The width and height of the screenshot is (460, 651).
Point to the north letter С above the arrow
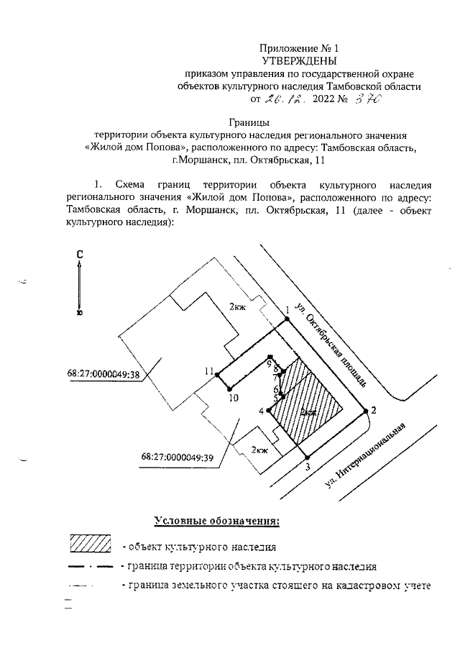click(x=81, y=254)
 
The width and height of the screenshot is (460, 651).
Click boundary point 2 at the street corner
click(x=366, y=411)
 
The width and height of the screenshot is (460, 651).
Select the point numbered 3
click(x=308, y=457)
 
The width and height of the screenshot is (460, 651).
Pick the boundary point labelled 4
click(x=267, y=411)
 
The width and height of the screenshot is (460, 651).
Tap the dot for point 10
click(x=231, y=389)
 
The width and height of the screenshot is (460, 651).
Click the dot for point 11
click(x=218, y=373)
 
